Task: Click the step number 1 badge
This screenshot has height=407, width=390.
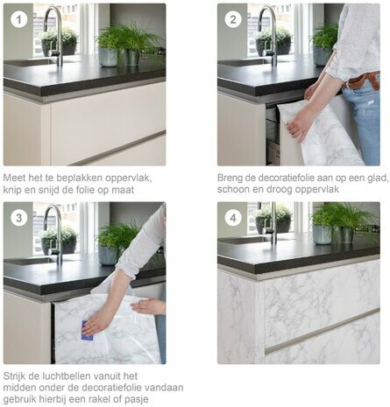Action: [18, 18]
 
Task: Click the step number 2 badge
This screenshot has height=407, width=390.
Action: [233, 18]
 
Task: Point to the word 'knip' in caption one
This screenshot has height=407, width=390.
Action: [14, 190]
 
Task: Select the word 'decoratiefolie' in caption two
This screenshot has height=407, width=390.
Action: [284, 177]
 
